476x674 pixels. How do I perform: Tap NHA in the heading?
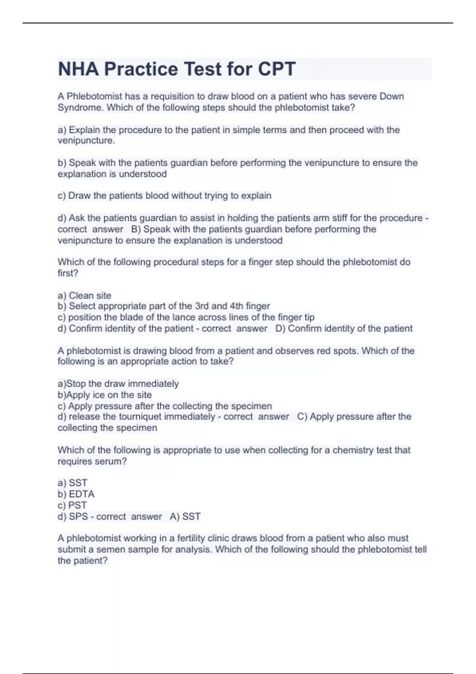point(78,69)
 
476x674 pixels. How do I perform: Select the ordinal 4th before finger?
point(236,306)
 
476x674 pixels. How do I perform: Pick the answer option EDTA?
point(82,494)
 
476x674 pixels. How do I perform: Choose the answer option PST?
point(77,505)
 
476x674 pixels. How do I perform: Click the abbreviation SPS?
point(78,517)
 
